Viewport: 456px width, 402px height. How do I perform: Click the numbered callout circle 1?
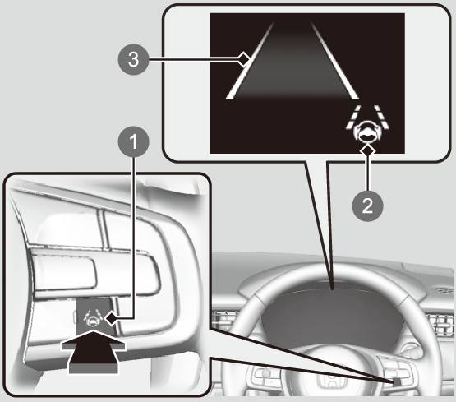click(x=133, y=142)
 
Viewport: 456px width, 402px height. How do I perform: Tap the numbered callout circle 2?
click(x=367, y=206)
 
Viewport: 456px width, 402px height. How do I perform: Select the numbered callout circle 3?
click(x=133, y=59)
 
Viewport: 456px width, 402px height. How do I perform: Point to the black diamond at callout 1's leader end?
click(x=111, y=319)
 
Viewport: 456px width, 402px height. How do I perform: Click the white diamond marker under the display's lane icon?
click(x=367, y=150)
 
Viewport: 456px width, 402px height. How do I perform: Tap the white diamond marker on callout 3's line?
click(x=245, y=59)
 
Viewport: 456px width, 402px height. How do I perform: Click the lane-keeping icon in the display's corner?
click(x=367, y=124)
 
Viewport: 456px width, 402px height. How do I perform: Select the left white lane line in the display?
click(x=250, y=60)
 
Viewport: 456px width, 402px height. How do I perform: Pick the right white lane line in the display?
click(x=334, y=60)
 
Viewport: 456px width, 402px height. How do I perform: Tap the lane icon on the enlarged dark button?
click(x=93, y=317)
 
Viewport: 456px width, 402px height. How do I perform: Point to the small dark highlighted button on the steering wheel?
click(x=396, y=382)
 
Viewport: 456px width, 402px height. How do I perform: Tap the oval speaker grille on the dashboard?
click(x=443, y=289)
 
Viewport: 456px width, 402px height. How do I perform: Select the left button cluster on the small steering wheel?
click(x=263, y=374)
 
